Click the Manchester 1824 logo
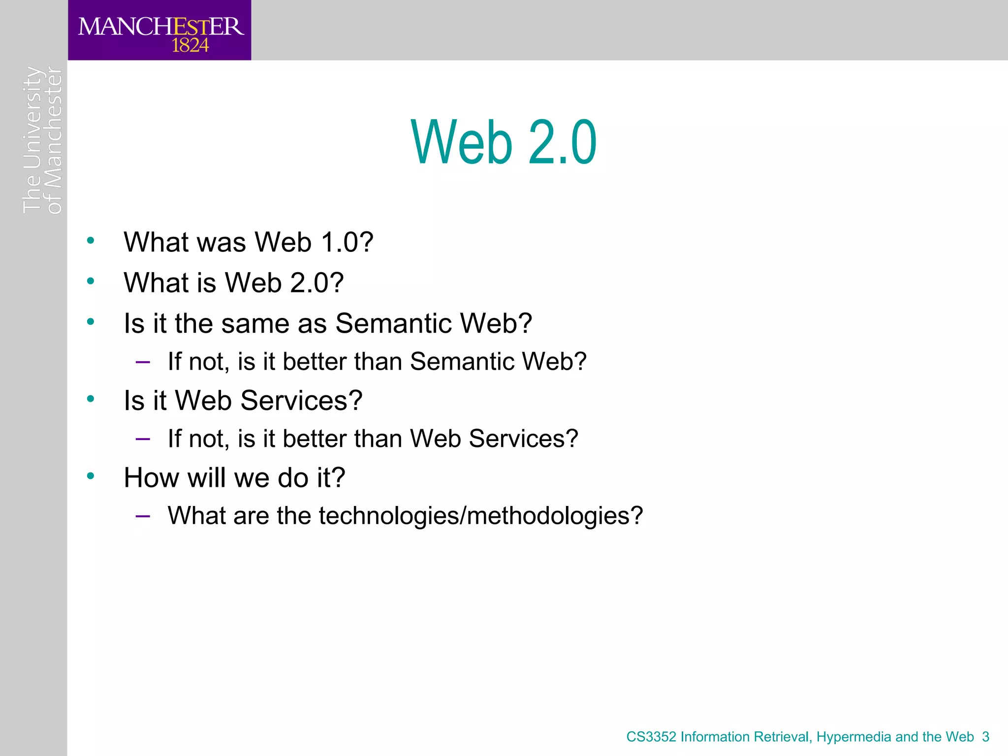[159, 31]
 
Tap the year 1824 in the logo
[190, 46]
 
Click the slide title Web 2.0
[504, 143]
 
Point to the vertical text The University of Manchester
[42, 140]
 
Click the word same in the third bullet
[255, 324]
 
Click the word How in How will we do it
[151, 478]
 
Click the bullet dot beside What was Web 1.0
[91, 241]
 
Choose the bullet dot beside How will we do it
[91, 476]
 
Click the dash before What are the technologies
[143, 517]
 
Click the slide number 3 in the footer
[985, 737]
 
